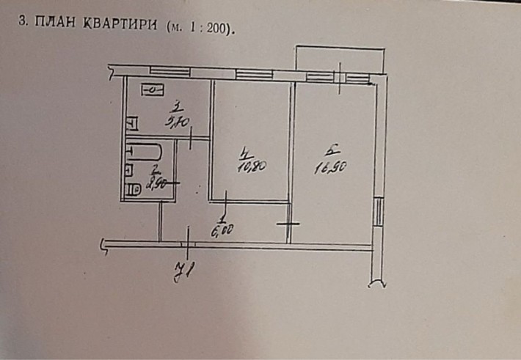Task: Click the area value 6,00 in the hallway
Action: click(x=222, y=231)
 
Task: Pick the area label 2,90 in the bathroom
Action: click(x=153, y=183)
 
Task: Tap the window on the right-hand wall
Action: click(x=378, y=213)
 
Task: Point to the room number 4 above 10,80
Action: click(x=246, y=153)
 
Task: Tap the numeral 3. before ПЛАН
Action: click(x=22, y=23)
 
